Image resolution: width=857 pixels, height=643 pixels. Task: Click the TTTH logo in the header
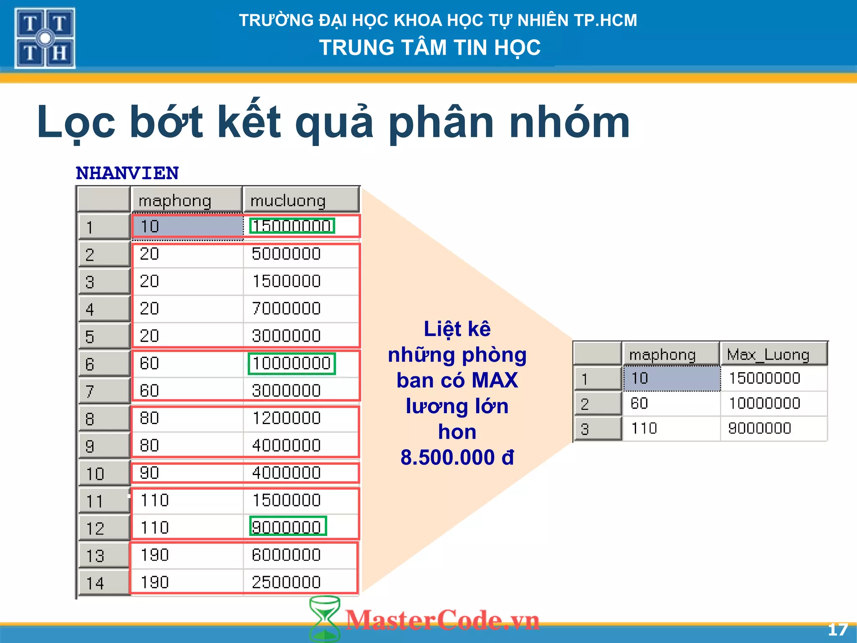click(x=45, y=38)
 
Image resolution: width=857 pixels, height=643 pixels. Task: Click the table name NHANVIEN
click(x=127, y=173)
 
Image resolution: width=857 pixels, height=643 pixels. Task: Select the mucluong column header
click(x=288, y=201)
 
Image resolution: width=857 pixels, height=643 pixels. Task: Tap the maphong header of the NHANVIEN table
click(x=175, y=201)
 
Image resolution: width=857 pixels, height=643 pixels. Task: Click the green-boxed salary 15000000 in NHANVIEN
click(x=292, y=226)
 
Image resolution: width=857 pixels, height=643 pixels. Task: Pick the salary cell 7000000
click(x=286, y=309)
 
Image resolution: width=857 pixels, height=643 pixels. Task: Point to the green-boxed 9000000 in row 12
click(x=287, y=527)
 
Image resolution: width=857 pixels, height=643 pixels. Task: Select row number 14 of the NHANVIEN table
click(x=95, y=583)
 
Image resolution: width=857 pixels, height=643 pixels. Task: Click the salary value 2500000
click(x=286, y=582)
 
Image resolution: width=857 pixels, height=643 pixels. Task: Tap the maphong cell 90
click(x=149, y=473)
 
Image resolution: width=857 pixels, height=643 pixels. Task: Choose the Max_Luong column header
click(x=768, y=355)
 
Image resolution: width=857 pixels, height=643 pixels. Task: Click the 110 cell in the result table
click(x=644, y=428)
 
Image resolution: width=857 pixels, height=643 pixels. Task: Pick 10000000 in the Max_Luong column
click(x=764, y=403)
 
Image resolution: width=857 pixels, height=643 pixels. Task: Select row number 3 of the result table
click(x=585, y=429)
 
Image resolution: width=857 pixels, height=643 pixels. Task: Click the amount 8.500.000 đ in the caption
click(x=457, y=457)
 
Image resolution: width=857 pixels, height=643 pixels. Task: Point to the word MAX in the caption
click(x=495, y=380)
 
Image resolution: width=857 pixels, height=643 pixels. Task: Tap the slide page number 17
click(x=837, y=630)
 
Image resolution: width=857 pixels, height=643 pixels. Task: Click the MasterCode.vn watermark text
click(x=443, y=620)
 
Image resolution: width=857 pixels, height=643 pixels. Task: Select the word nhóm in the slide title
click(x=570, y=122)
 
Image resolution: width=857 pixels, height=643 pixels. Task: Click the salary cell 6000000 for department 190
click(x=286, y=555)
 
